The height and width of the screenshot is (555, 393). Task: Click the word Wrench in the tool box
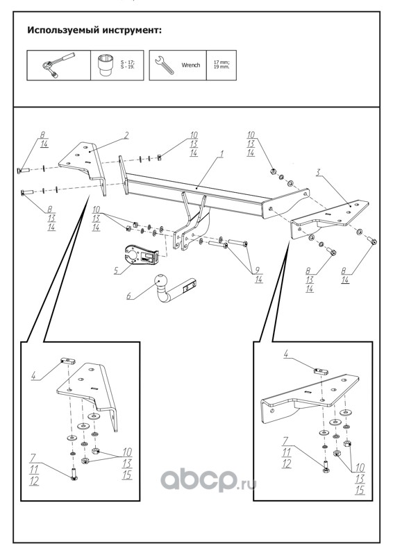191,65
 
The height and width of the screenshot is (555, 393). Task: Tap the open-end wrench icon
165,65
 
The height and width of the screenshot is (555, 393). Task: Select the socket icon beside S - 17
104,65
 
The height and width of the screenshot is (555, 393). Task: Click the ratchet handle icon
57,65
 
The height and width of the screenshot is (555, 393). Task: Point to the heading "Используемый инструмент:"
94,30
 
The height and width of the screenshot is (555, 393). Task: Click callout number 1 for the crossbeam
221,154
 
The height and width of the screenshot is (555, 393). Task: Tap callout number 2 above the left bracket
126,135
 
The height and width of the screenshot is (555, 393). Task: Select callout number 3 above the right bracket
318,173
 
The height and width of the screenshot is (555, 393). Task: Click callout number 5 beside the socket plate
116,271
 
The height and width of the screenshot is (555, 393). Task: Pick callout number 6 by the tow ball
129,296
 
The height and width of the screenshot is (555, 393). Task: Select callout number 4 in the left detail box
33,375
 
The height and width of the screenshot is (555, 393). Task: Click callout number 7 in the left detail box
33,459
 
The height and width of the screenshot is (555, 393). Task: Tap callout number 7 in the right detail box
285,441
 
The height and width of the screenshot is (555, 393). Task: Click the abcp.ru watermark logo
209,480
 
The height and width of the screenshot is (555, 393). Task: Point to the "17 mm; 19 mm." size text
221,65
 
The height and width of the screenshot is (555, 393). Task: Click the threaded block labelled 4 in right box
321,371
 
